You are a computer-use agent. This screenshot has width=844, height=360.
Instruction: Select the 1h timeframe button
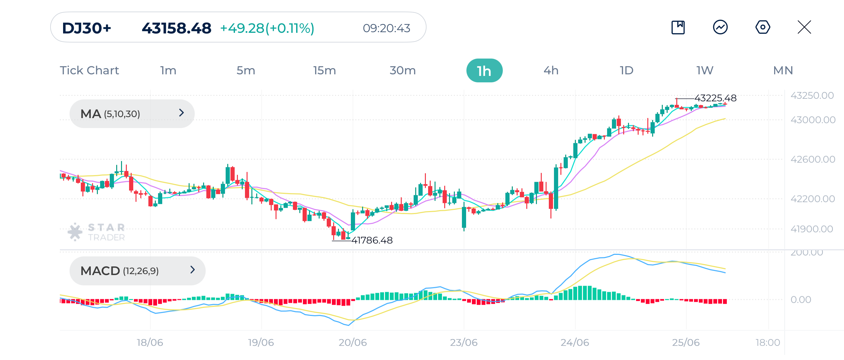point(484,71)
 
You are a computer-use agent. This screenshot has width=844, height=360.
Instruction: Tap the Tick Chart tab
point(89,71)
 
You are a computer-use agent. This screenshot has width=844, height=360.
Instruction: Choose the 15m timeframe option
point(324,71)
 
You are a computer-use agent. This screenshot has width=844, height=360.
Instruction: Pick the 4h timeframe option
point(551,71)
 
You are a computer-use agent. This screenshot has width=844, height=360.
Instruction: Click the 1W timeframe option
point(705,71)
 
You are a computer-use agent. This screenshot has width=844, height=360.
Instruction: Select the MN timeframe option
point(783,71)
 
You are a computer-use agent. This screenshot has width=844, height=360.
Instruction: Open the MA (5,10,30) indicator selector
point(132,114)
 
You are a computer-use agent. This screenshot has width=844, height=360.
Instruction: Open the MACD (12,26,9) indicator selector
point(137,271)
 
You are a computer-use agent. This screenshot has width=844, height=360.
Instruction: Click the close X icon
point(804,27)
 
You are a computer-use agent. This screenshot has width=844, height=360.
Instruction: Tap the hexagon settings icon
point(763,27)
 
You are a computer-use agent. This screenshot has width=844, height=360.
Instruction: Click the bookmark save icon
point(678,27)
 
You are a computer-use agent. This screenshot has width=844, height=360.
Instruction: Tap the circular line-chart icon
point(720,27)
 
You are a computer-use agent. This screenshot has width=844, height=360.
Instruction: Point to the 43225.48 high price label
point(715,98)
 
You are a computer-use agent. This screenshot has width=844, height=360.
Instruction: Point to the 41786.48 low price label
point(372,240)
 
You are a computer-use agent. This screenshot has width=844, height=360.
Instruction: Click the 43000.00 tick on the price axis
point(812,120)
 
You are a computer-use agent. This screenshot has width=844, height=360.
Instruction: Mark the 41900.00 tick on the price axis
point(811,229)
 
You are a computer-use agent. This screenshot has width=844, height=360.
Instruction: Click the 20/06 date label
point(352,343)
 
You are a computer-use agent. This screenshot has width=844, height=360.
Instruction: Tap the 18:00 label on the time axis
point(767,343)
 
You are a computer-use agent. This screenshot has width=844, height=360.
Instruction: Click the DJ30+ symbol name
point(87,28)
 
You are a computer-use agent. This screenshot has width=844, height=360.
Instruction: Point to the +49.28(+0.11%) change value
point(267,28)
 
